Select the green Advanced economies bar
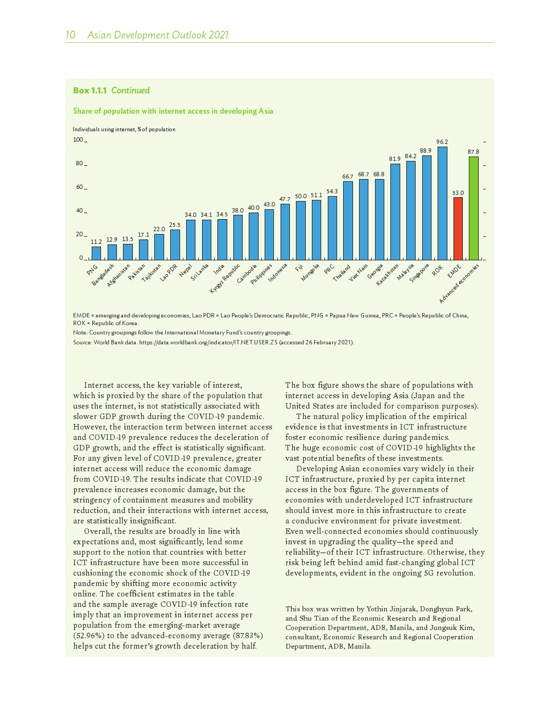473,208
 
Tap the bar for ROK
442,203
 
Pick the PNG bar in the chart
96,253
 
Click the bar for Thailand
348,220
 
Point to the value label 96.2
442,142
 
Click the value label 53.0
458,193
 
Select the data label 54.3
332,191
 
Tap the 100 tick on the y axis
79,140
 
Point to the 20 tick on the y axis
80,235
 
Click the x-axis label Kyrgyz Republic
225,278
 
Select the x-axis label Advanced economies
459,283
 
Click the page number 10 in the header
70,35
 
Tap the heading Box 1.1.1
89,91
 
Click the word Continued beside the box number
130,91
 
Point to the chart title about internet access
173,111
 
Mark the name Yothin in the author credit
377,609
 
